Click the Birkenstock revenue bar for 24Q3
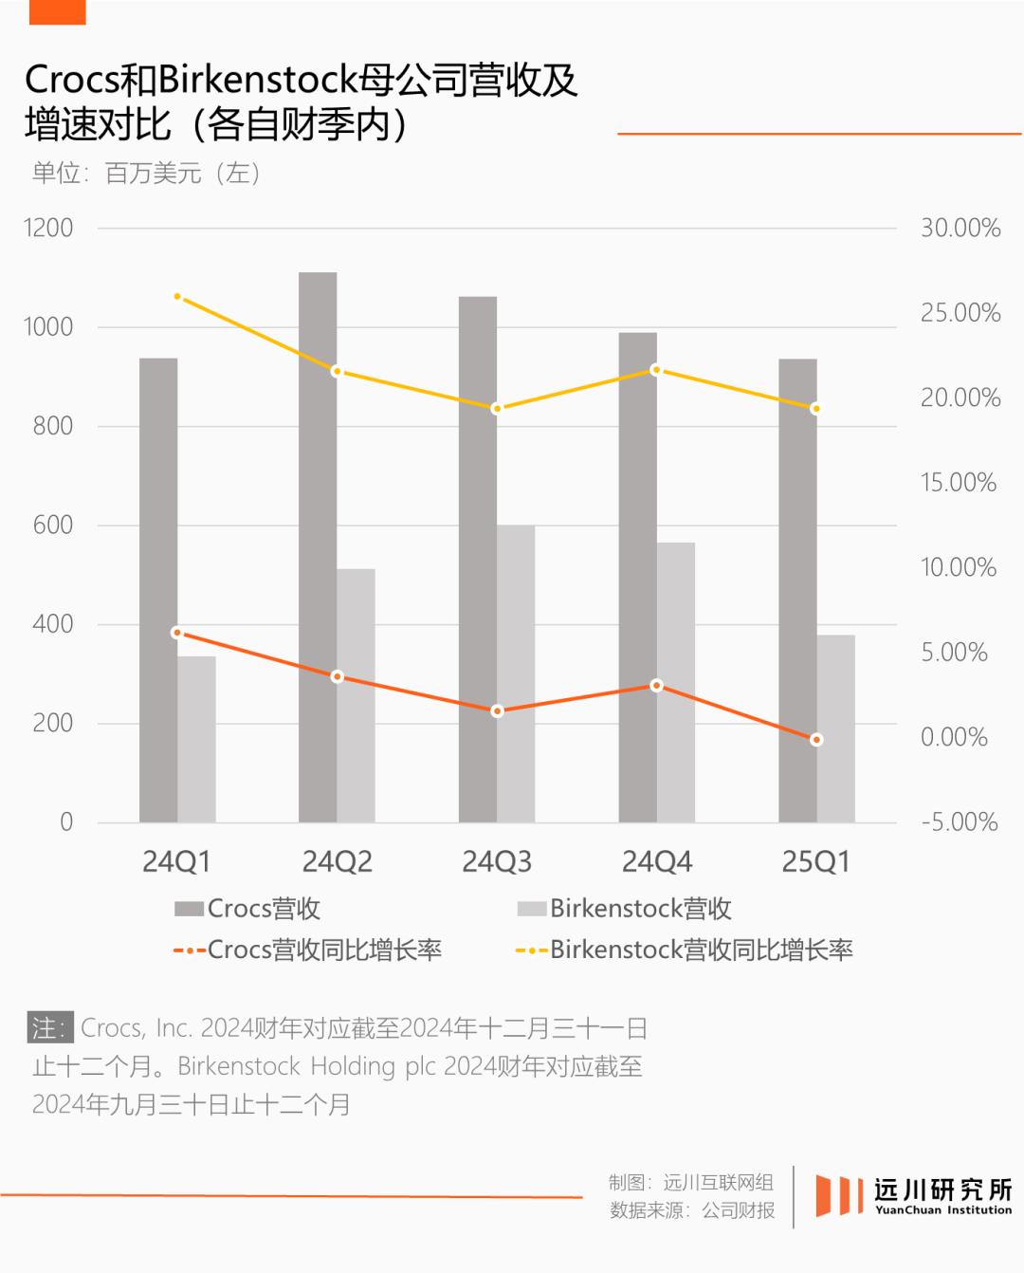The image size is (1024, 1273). pyautogui.click(x=516, y=673)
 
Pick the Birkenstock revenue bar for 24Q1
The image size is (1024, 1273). pyautogui.click(x=196, y=739)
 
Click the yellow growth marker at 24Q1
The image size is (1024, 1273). pyautogui.click(x=177, y=297)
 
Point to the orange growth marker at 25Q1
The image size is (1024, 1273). pyautogui.click(x=816, y=740)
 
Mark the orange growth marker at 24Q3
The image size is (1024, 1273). pyautogui.click(x=497, y=710)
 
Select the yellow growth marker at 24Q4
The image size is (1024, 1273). pyautogui.click(x=656, y=370)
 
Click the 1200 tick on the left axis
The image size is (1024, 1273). pyautogui.click(x=48, y=229)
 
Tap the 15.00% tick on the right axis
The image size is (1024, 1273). pyautogui.click(x=959, y=483)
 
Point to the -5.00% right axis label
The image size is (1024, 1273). pyautogui.click(x=959, y=821)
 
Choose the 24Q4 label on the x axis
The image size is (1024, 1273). pyautogui.click(x=656, y=862)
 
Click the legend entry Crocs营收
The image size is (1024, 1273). pyautogui.click(x=248, y=909)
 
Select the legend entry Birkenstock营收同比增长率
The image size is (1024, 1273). pyautogui.click(x=685, y=950)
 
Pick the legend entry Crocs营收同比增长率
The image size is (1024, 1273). pyautogui.click(x=308, y=950)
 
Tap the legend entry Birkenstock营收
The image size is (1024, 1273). pyautogui.click(x=625, y=909)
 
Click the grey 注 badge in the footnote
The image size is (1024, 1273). pyautogui.click(x=49, y=1028)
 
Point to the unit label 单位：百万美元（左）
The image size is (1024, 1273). pyautogui.click(x=146, y=174)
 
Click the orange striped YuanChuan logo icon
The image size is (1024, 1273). pyautogui.click(x=838, y=1195)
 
